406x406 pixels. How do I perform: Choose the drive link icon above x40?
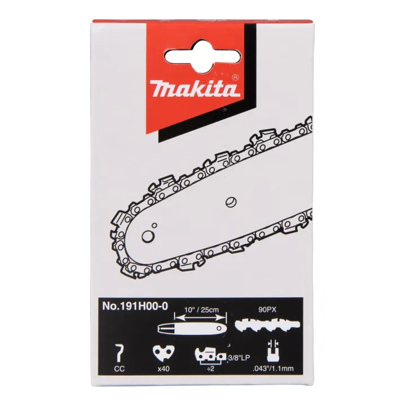162,354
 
